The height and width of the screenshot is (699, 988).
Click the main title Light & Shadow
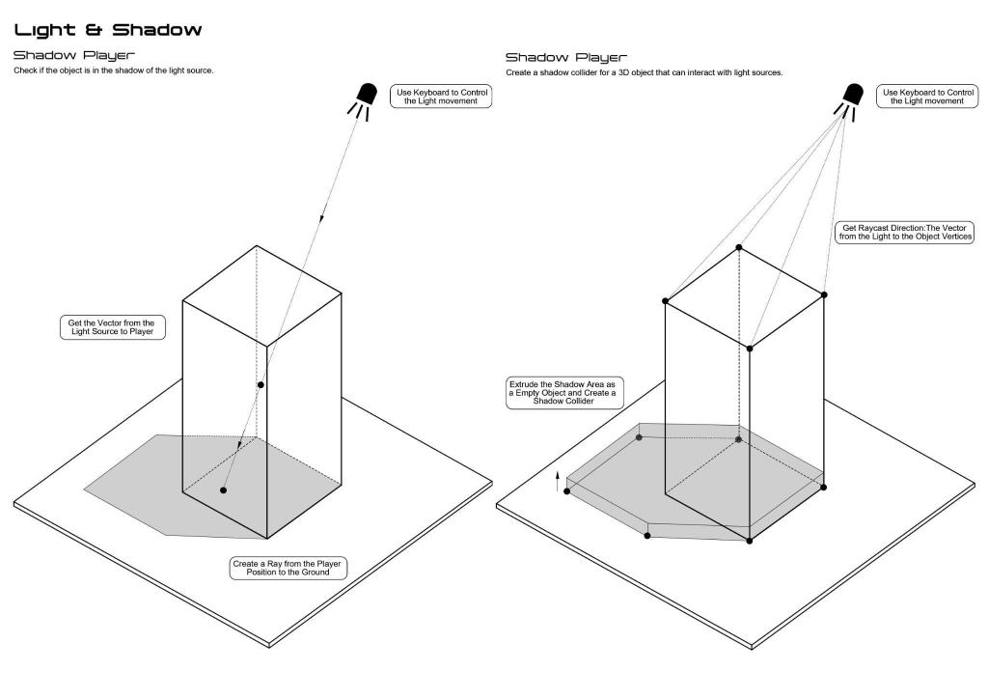tap(107, 30)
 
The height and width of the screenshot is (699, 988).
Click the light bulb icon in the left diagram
tap(366, 98)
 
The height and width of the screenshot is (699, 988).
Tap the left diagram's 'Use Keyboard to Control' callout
tap(441, 96)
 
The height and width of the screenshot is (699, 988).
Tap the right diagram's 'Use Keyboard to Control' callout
tap(924, 96)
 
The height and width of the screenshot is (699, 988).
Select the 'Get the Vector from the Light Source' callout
tap(112, 326)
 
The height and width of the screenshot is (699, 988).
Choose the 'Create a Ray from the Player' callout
tap(288, 568)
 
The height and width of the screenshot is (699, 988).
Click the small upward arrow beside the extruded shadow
tap(558, 482)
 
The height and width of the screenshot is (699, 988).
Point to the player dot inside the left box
tap(260, 385)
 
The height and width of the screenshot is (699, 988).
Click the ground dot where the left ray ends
tap(223, 490)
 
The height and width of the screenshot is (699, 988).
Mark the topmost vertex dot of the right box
tap(739, 248)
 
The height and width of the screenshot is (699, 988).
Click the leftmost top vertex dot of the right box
tap(666, 301)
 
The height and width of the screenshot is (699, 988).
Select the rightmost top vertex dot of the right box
tap(824, 294)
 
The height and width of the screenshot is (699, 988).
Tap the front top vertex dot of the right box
tap(750, 348)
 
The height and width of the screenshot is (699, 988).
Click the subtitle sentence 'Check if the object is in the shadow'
tap(114, 71)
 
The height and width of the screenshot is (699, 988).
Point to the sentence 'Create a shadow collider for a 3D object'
tap(644, 73)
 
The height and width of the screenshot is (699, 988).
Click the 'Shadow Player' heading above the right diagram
tap(565, 58)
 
